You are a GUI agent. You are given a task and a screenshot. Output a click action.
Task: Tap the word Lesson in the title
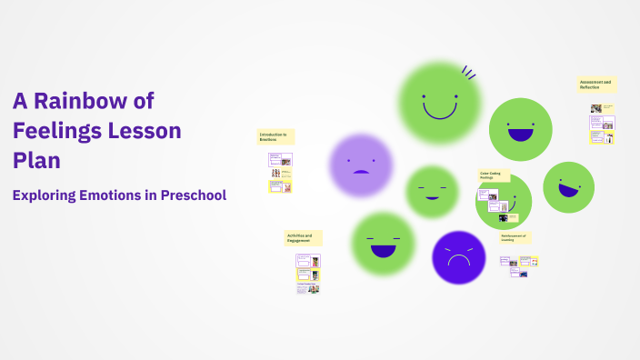145,130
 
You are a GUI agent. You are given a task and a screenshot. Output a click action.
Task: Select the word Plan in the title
36,160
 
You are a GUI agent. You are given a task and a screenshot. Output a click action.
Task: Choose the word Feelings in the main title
56,130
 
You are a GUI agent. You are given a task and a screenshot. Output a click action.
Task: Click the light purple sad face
361,165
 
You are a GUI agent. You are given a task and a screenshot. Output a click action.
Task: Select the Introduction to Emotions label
275,136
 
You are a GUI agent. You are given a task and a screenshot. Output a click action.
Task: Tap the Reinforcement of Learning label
515,237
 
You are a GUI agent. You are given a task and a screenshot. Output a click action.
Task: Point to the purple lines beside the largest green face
469,71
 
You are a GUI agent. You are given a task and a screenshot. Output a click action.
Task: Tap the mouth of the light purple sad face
361,172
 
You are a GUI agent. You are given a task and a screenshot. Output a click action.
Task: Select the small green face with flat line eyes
432,191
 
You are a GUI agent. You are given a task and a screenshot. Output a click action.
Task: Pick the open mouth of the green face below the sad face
384,249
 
